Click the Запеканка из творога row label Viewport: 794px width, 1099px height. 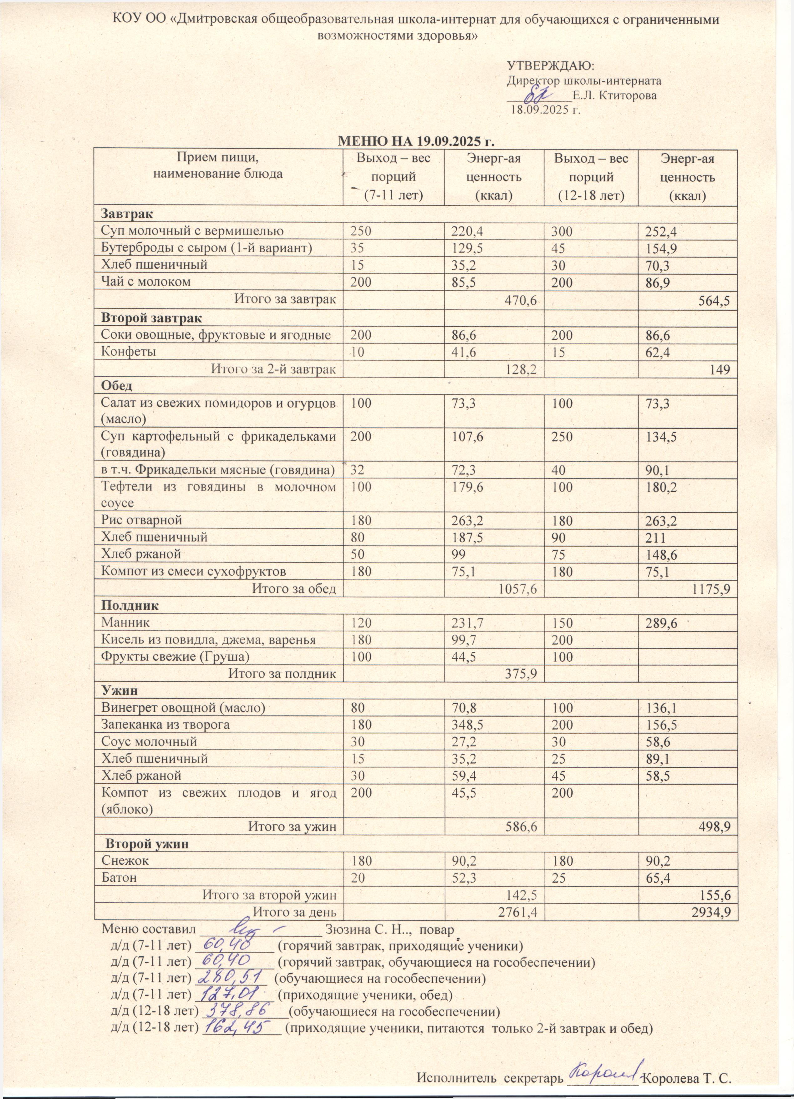click(165, 725)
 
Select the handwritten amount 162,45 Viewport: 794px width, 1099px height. click(240, 1026)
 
